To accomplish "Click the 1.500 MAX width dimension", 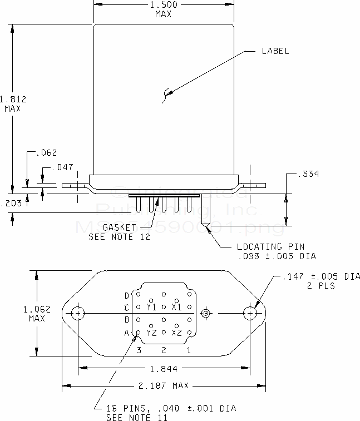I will (163, 9).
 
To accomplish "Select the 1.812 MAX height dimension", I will (11, 104).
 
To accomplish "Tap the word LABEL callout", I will (275, 51).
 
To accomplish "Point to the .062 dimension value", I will (46, 152).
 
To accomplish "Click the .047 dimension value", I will (62, 167).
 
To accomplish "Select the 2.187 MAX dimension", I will (164, 385).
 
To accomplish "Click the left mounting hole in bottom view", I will (79, 314).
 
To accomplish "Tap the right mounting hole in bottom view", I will (250, 314).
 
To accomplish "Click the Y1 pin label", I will (151, 306).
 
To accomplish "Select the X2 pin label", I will (176, 333).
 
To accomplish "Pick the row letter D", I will (126, 295).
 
